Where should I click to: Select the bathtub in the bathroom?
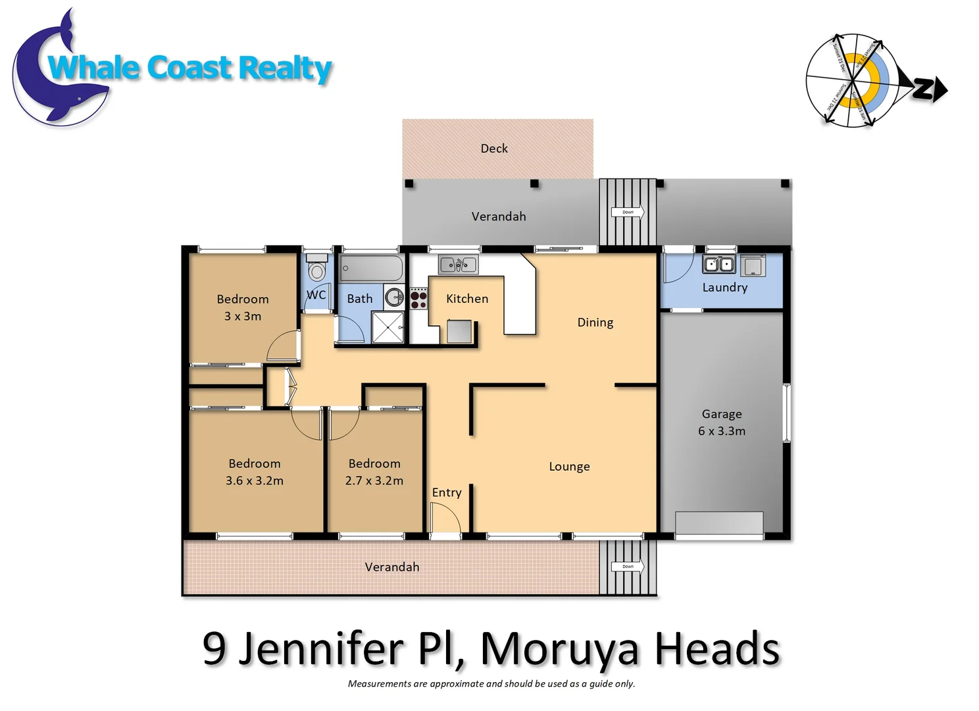tap(371, 269)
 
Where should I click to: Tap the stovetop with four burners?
tap(418, 298)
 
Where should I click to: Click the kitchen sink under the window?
tap(459, 265)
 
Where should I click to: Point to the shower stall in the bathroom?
tap(388, 327)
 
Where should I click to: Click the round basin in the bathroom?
tap(394, 297)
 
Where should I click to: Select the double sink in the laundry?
tap(718, 265)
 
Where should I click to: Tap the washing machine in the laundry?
tap(753, 266)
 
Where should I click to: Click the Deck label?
tap(494, 149)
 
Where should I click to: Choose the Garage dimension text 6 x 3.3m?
tap(722, 431)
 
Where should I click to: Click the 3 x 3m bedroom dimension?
tap(243, 317)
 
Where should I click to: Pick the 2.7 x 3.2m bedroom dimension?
tap(374, 481)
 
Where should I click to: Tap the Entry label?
tap(447, 492)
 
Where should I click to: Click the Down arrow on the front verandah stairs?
tap(628, 566)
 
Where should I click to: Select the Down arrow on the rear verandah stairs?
tap(628, 212)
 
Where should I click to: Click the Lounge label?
tap(569, 467)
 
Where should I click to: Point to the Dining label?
tap(595, 323)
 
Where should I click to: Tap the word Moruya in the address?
tap(560, 649)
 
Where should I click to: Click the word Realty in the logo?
tap(285, 68)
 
